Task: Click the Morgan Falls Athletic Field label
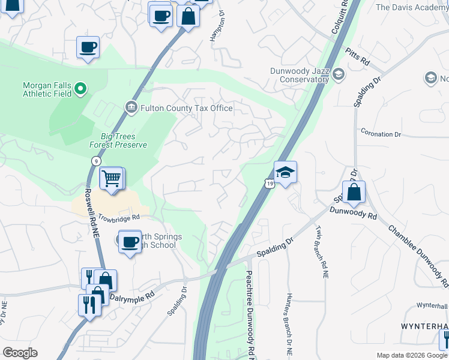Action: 47,89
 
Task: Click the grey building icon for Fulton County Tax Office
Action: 130,108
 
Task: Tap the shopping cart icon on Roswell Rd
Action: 111,178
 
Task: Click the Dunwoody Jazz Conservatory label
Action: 300,74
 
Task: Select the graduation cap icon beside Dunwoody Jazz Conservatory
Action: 339,74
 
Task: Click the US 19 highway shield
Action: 271,182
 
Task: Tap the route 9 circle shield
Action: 96,161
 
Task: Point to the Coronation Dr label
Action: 380,134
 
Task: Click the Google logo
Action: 20,353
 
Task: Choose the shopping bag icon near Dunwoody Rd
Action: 354,192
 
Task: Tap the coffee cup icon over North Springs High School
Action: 130,242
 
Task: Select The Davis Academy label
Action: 412,7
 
